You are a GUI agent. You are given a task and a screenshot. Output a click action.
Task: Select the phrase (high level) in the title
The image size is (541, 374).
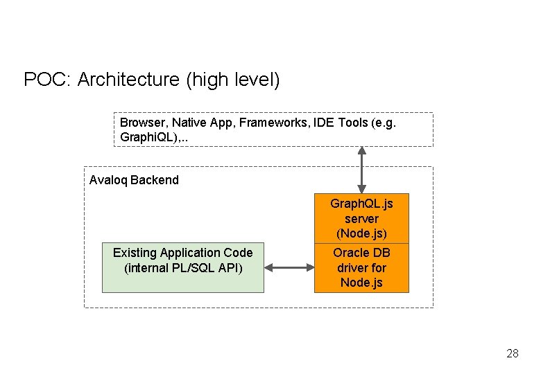(233, 80)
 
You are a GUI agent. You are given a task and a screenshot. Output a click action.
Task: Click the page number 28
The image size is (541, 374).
(512, 354)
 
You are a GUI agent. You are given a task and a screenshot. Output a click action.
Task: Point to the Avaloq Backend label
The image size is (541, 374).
(134, 180)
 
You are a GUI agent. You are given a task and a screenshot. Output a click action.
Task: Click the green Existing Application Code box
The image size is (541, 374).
(183, 267)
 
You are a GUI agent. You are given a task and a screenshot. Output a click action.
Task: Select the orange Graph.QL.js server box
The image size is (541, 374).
(361, 218)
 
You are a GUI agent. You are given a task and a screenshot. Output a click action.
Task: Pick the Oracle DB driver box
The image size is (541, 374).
(361, 268)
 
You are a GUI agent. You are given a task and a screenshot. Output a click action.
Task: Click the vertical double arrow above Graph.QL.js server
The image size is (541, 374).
(361, 170)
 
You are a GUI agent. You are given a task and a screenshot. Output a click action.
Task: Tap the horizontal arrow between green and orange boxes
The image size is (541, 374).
(289, 267)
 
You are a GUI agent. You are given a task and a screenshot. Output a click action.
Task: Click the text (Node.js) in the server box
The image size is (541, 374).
(361, 233)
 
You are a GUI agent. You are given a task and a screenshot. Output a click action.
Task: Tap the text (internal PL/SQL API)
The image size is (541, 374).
(183, 268)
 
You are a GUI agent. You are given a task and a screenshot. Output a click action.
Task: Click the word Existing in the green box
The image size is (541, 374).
(135, 253)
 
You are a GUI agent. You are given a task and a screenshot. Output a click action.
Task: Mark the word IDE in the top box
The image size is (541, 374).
(325, 122)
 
